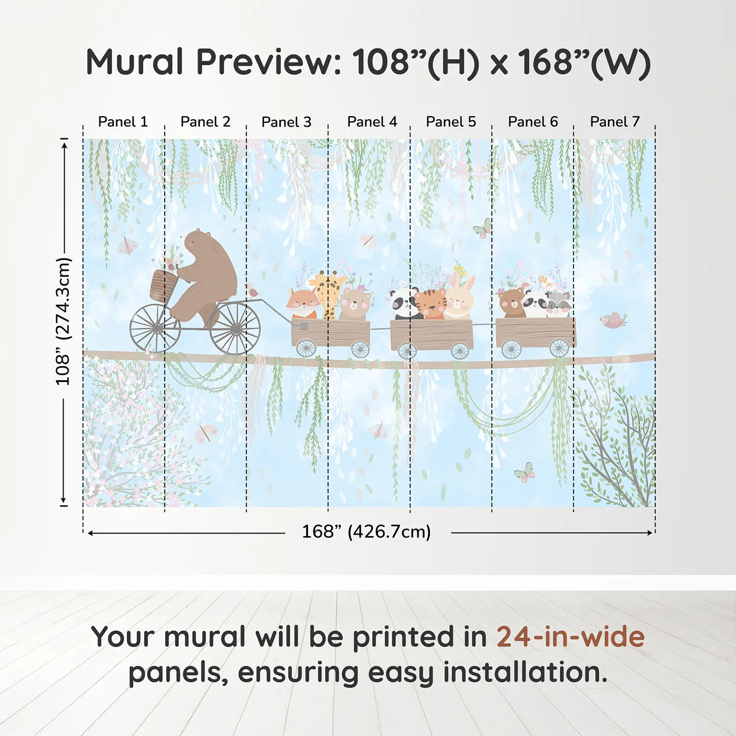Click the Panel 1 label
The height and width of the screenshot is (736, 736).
pos(123,122)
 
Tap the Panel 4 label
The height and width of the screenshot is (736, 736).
pos(372,122)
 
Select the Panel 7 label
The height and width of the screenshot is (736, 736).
pos(615,122)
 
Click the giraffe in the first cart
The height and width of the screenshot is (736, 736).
pos(328,294)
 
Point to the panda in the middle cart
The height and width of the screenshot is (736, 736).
pos(405,304)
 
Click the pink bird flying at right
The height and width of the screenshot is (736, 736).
pos(612,320)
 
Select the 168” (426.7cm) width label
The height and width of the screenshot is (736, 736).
pos(366,532)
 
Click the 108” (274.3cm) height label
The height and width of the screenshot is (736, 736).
pos(63,322)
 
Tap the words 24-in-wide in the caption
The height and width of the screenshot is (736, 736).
pos(570,637)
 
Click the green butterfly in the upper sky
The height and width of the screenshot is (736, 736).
pos(483,228)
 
